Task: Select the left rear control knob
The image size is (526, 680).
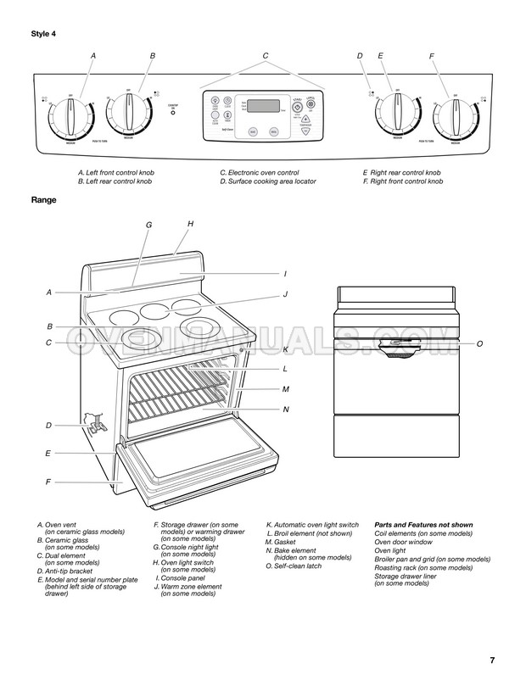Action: (129, 111)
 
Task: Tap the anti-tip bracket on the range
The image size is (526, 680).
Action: (97, 421)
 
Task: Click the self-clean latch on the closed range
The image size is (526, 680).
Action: (394, 344)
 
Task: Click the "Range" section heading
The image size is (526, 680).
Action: (45, 202)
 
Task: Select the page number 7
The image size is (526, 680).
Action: (492, 661)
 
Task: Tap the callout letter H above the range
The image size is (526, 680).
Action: (191, 224)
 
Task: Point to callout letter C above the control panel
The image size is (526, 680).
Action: (266, 56)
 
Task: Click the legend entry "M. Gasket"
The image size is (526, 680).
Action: (284, 541)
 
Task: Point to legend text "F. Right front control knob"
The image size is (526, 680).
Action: (403, 181)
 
